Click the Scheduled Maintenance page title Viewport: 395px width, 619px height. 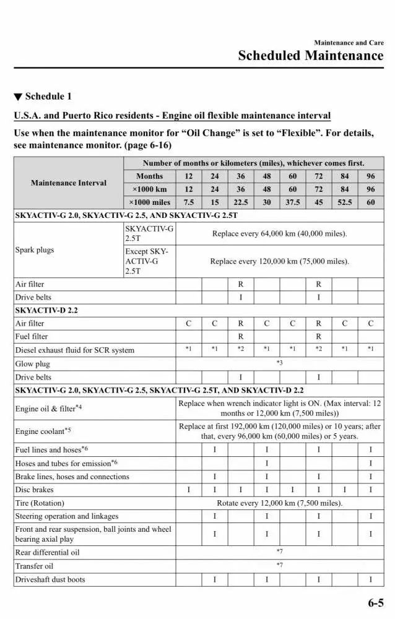coord(311,56)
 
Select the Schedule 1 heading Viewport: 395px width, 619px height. coord(43,97)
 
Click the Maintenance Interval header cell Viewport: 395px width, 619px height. coord(69,183)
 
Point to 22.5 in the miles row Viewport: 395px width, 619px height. coord(241,202)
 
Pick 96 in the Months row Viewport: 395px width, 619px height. coord(370,176)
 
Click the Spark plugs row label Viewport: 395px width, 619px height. coord(35,250)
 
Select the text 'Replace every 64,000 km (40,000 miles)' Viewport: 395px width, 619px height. coord(279,234)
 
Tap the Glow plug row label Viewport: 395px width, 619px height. coord(33,364)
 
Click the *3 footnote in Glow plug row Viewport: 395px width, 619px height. coord(279,363)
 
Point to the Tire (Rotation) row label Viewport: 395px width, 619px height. coord(40,503)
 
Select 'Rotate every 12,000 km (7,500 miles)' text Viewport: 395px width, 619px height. coord(279,503)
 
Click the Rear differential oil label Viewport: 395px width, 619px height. coord(48,552)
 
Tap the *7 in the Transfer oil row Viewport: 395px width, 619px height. coord(279,566)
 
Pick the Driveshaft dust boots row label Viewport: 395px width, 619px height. coord(50,579)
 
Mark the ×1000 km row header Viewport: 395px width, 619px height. coord(149,189)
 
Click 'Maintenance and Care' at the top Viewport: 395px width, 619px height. coord(349,43)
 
